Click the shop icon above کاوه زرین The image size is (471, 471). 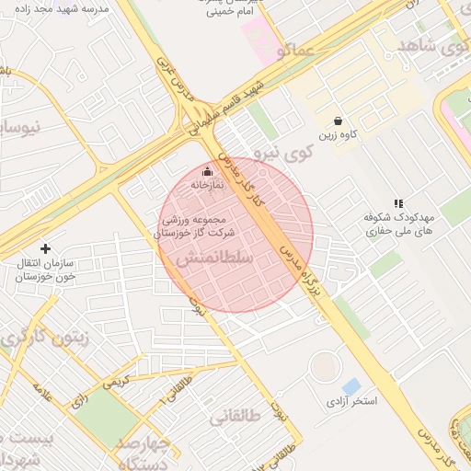click(x=339, y=121)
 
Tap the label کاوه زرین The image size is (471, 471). click(x=339, y=136)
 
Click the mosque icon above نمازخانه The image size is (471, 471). click(x=206, y=171)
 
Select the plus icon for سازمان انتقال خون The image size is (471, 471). click(x=45, y=248)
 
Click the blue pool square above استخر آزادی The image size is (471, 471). click(x=350, y=386)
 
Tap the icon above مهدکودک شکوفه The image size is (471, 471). click(x=398, y=203)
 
